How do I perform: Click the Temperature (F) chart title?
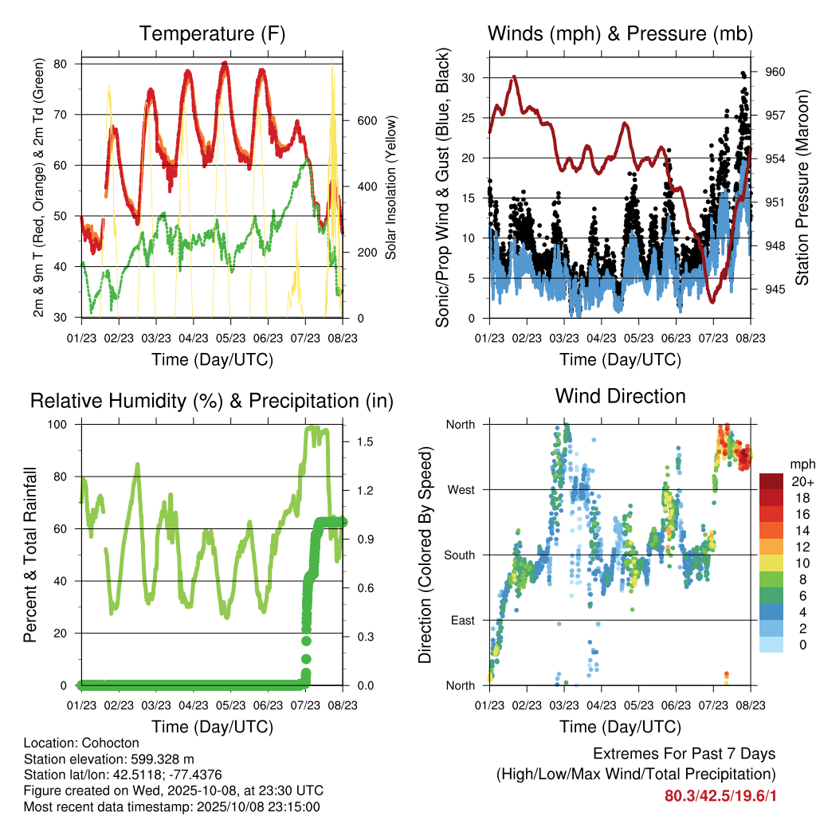coord(212,33)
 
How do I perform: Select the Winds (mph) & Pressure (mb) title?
coord(620,33)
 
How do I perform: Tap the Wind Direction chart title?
coord(620,396)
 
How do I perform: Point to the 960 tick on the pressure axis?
coord(775,72)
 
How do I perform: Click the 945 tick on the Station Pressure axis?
coord(775,289)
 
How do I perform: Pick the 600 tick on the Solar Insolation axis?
coord(366,120)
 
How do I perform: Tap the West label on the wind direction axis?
coord(461,489)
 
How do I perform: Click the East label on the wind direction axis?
coord(461,620)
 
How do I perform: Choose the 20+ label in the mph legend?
coord(802,482)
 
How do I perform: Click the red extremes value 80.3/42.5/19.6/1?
coord(720,796)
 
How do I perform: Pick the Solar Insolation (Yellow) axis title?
coord(391,189)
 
